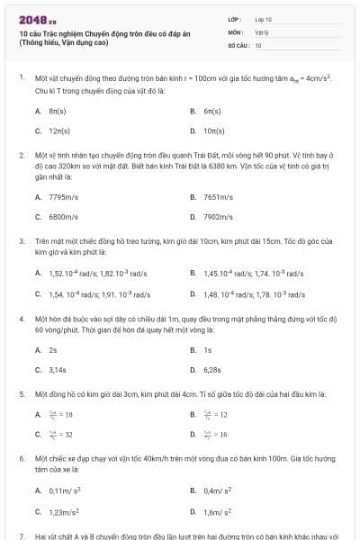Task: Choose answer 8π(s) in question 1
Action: pos(58,111)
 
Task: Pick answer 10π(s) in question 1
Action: pos(212,130)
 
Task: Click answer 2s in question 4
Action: pos(53,350)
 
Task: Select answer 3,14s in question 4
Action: pos(58,370)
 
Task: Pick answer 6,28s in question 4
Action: pos(213,370)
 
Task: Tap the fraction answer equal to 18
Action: pos(60,415)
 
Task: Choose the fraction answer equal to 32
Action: pos(60,435)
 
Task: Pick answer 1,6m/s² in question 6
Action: pos(219,512)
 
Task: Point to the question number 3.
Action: pos(22,242)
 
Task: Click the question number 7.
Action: pos(22,535)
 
